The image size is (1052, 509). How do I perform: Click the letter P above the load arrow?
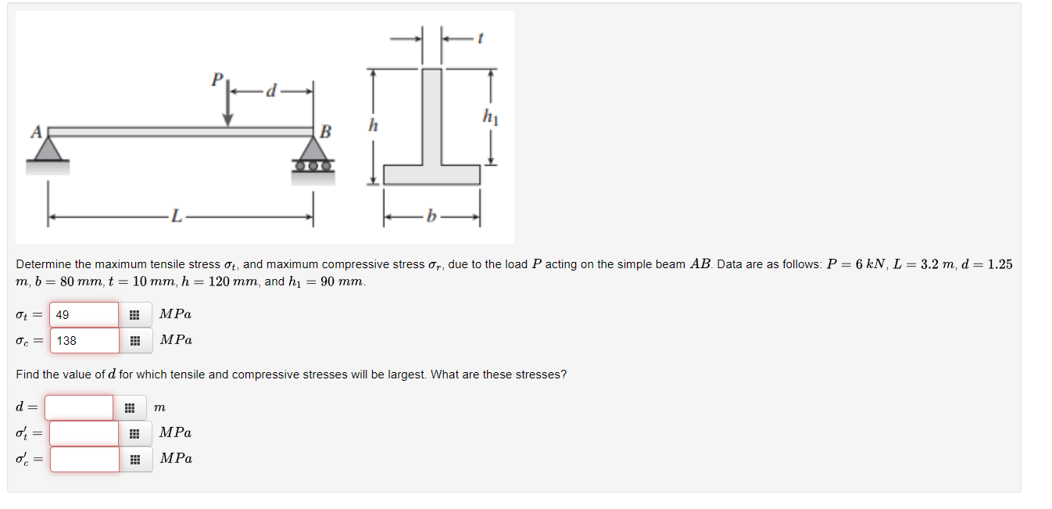[217, 79]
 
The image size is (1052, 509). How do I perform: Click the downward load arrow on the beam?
[227, 103]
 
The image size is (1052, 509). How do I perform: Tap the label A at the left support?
[37, 132]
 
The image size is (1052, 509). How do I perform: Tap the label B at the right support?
[325, 131]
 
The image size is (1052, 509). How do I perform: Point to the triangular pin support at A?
[48, 149]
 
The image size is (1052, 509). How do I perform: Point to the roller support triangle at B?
[313, 149]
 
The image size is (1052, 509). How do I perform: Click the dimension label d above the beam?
[271, 90]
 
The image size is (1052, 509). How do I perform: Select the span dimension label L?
[176, 217]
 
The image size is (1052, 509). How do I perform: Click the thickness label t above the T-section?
[480, 38]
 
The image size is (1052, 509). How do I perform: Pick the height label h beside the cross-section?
[373, 125]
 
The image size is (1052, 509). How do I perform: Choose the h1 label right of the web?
[490, 116]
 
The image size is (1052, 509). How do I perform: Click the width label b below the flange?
[431, 216]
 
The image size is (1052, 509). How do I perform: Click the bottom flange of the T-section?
[431, 175]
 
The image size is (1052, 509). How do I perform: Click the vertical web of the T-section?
[431, 117]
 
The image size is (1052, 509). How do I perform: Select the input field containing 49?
[84, 314]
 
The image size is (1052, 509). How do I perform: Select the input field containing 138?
[84, 340]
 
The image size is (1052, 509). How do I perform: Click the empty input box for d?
[79, 407]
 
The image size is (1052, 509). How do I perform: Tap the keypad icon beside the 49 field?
[134, 315]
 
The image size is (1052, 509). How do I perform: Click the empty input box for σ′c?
[84, 459]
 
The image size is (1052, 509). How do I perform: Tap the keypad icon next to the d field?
[130, 408]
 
